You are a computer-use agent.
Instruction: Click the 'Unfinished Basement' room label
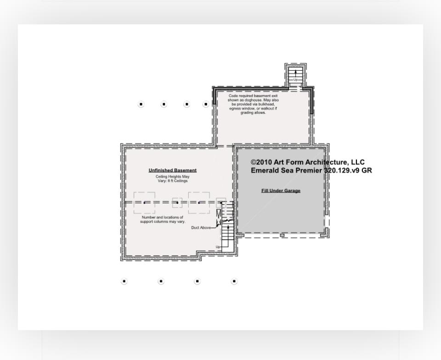tap(172, 170)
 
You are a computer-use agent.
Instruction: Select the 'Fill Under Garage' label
tap(281, 191)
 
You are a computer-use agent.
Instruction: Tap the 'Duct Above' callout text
tap(201, 228)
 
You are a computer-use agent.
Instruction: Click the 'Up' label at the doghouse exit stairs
tap(295, 80)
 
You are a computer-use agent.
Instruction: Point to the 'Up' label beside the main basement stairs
tap(218, 247)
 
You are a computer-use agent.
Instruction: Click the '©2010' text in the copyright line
tap(260, 162)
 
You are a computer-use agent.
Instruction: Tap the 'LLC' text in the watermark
tap(357, 162)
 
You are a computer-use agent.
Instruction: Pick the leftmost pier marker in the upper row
tap(141, 104)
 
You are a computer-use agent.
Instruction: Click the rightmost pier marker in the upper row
tap(206, 104)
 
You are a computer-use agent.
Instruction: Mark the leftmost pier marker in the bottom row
tap(124, 281)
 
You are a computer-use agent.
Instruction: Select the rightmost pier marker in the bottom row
tap(234, 281)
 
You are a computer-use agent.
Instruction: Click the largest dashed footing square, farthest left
tap(144, 202)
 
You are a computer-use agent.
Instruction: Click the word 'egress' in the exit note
tap(235, 108)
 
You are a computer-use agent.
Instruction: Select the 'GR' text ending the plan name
tap(367, 170)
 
